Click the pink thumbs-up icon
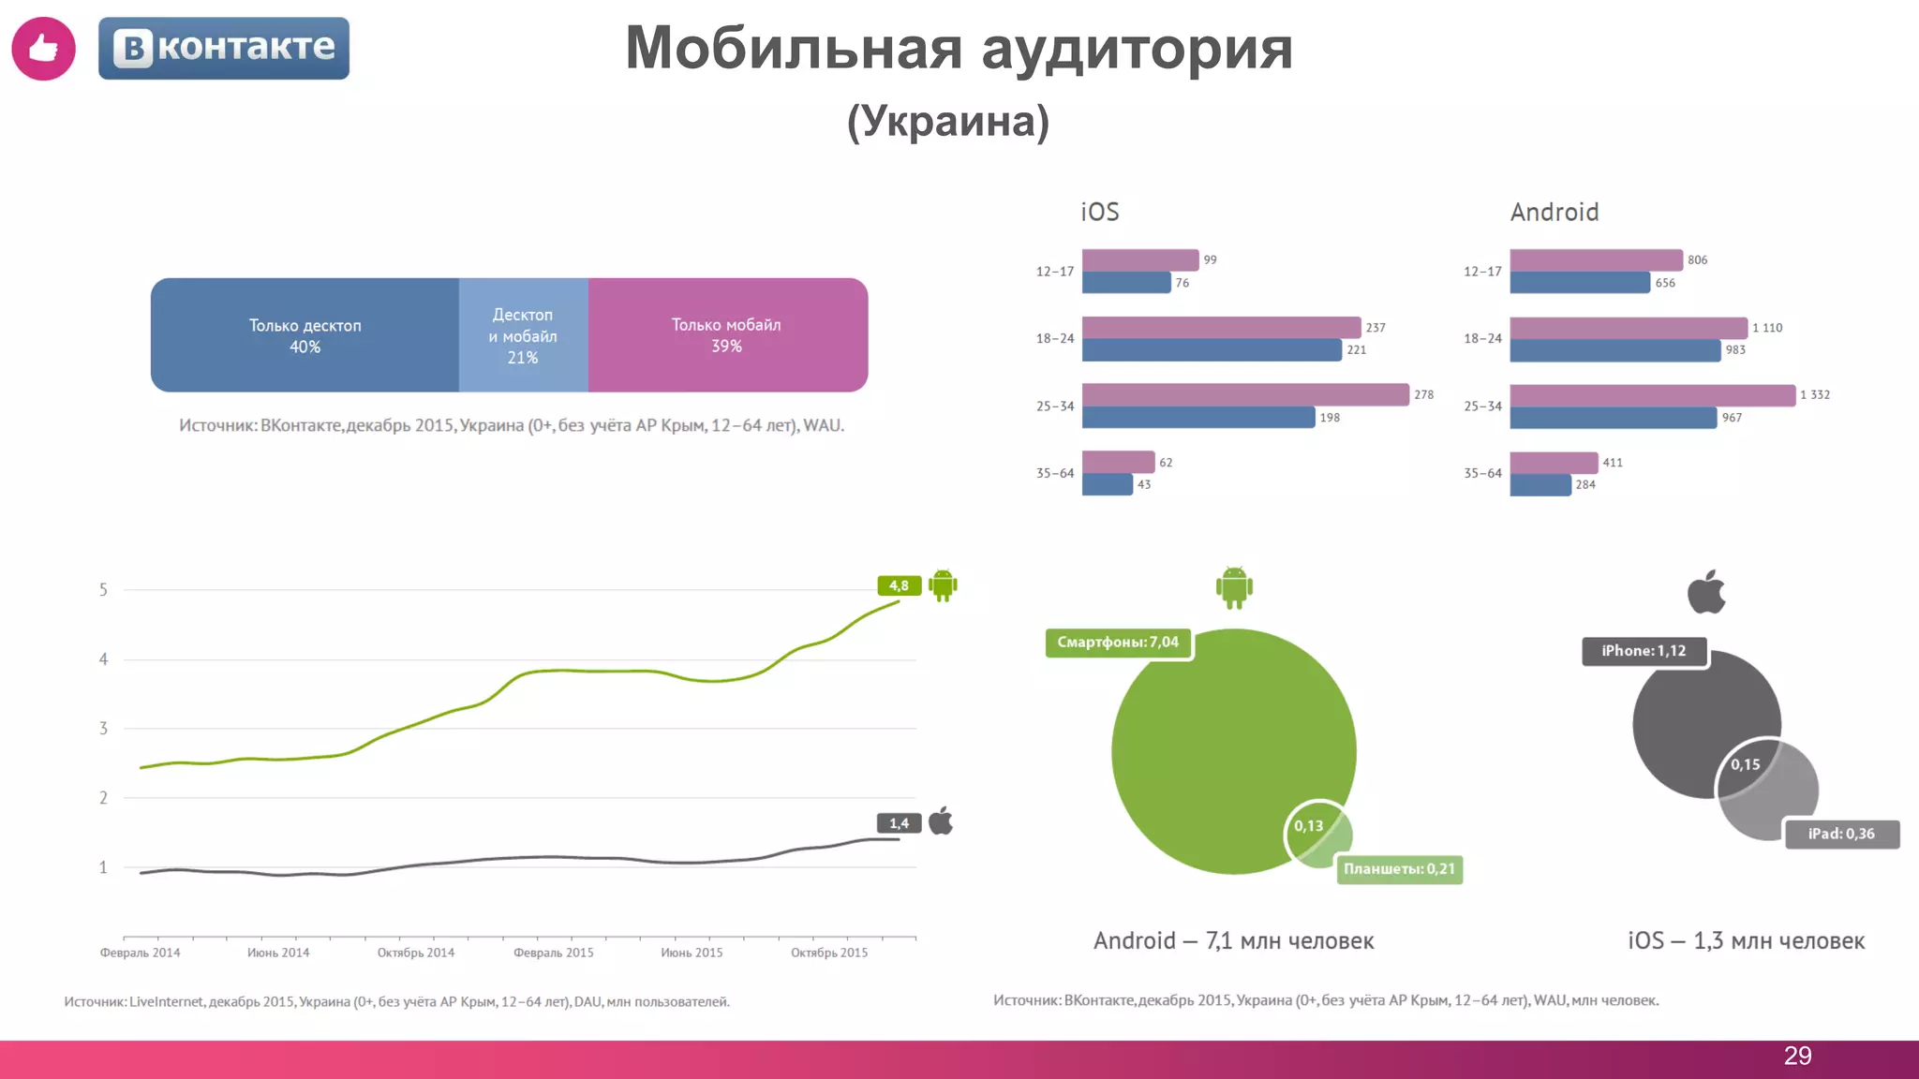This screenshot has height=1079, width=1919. click(x=43, y=48)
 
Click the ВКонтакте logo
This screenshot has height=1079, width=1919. click(x=224, y=48)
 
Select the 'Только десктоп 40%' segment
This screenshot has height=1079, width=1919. click(x=305, y=335)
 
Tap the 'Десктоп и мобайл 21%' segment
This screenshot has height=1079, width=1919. click(x=523, y=335)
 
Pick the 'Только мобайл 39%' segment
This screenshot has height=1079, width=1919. click(x=727, y=335)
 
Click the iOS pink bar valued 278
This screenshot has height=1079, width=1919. click(x=1244, y=394)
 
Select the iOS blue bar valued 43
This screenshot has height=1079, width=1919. click(x=1107, y=484)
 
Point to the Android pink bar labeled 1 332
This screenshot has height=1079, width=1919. click(x=1652, y=394)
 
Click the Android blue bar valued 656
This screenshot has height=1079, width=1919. click(x=1579, y=282)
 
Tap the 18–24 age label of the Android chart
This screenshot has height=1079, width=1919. click(x=1482, y=338)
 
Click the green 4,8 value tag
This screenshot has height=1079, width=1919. click(x=899, y=585)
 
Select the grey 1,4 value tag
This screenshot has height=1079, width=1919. click(x=899, y=823)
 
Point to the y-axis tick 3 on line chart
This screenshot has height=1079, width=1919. click(x=103, y=728)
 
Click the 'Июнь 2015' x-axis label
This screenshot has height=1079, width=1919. click(x=692, y=953)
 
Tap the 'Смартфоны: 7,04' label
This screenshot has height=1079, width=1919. click(x=1118, y=643)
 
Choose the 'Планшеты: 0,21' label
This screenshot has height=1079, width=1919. click(x=1399, y=869)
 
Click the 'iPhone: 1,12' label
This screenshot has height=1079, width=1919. click(x=1644, y=651)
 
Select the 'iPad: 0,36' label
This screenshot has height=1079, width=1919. click(x=1841, y=834)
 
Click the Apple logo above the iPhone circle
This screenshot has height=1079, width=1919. click(x=1706, y=592)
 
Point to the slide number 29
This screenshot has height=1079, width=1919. click(x=1797, y=1056)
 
